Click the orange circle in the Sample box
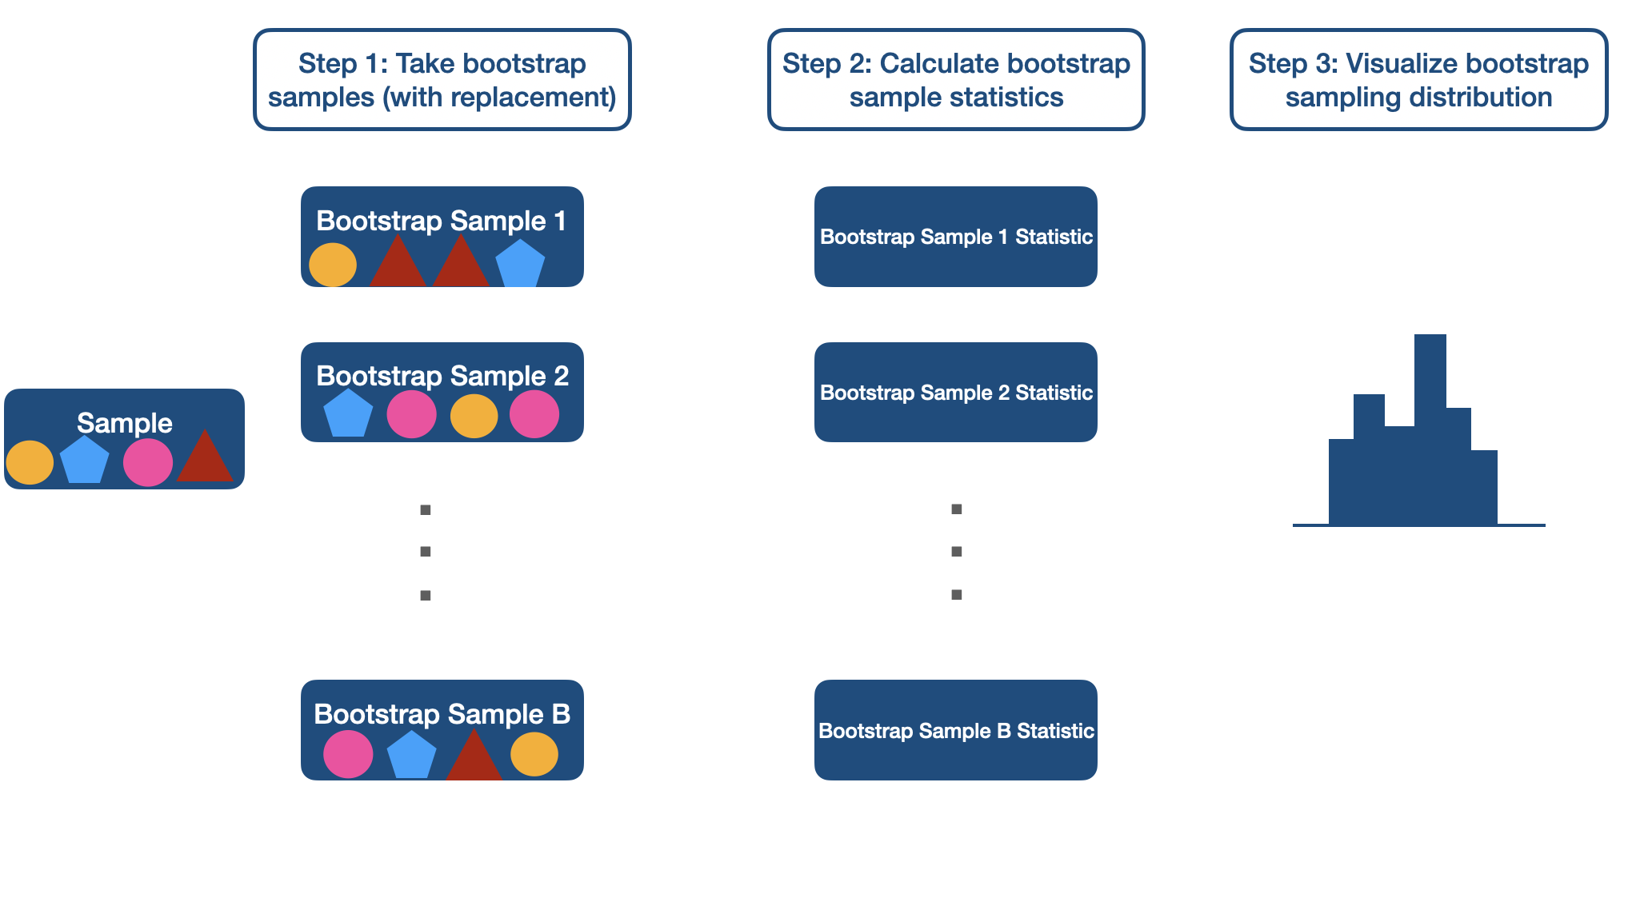point(30,462)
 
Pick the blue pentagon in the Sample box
point(85,461)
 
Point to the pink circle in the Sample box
point(148,462)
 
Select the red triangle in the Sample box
point(205,459)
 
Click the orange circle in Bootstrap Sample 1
point(333,265)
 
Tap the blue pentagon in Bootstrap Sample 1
point(520,264)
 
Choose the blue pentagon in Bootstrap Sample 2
point(348,414)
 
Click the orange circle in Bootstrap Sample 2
point(474,416)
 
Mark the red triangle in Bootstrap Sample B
point(474,757)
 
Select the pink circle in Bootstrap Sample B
point(348,754)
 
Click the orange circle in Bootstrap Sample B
point(534,754)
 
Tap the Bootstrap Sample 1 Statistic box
point(956,237)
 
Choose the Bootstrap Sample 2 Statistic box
point(956,393)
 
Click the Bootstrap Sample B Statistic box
point(956,730)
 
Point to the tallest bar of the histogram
point(1430,429)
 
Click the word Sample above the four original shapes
point(125,422)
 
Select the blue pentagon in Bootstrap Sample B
point(411,756)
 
